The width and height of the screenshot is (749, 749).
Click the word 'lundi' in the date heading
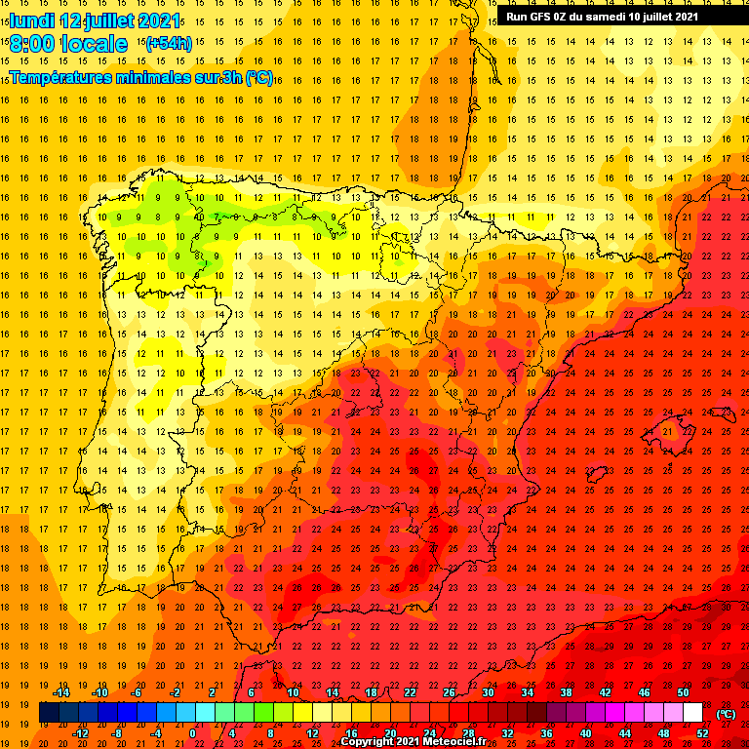[x=32, y=20]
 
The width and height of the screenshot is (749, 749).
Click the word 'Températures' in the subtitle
[x=59, y=77]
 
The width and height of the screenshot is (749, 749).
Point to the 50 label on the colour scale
[x=683, y=692]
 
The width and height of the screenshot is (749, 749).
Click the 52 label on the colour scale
[x=702, y=733]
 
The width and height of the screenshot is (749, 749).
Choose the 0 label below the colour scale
[x=193, y=733]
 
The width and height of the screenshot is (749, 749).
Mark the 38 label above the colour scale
[x=566, y=692]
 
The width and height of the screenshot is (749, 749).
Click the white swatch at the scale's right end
[x=692, y=713]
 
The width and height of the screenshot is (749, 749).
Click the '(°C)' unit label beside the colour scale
[x=726, y=713]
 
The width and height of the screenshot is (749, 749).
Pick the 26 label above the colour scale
[x=449, y=692]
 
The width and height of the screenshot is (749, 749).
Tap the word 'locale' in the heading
[x=94, y=44]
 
